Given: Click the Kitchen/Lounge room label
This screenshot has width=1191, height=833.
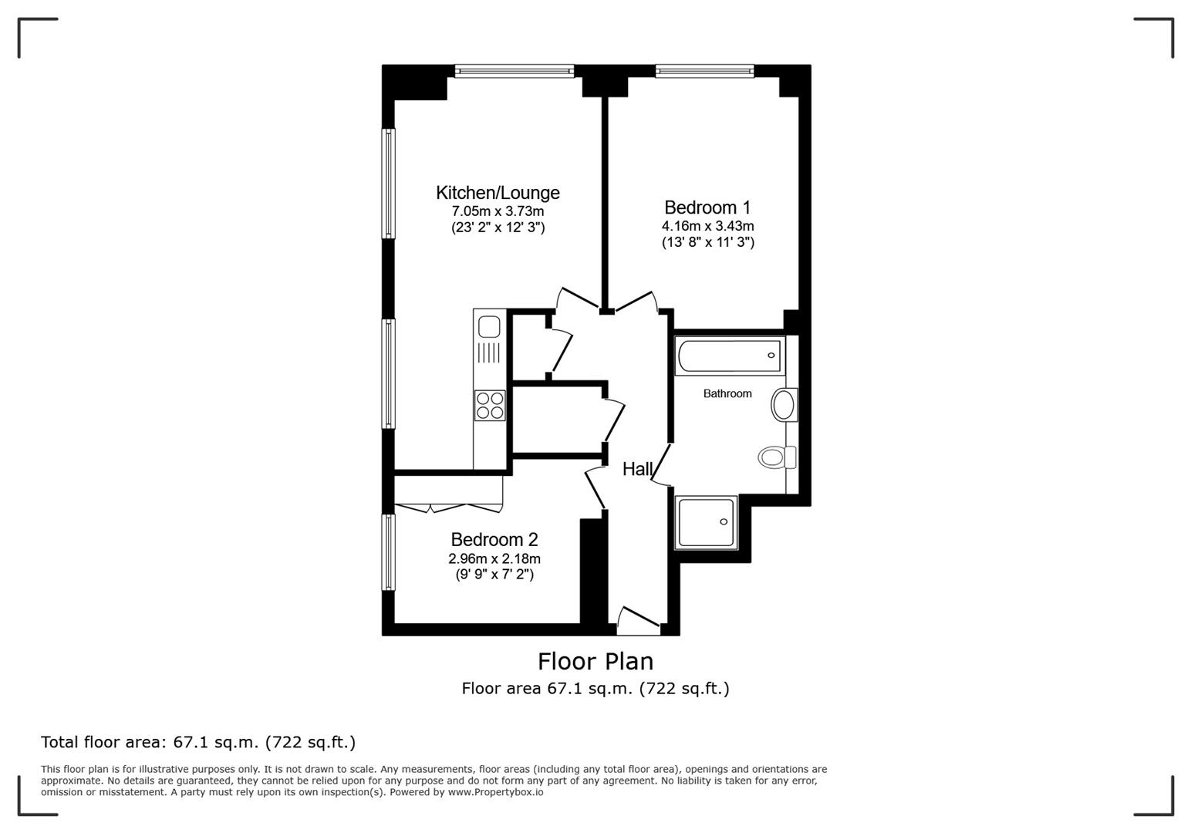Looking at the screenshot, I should (x=498, y=192).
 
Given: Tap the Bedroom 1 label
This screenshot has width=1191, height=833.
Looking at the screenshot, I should (x=707, y=207).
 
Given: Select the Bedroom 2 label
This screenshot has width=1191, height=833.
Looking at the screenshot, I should (x=494, y=540).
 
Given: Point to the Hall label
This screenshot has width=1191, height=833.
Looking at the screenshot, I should (x=638, y=469).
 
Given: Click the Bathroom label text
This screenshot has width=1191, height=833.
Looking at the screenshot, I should (x=727, y=393).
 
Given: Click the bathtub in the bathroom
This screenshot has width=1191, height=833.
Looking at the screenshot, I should (x=729, y=356).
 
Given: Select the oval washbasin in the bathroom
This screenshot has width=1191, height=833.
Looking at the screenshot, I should (x=784, y=405).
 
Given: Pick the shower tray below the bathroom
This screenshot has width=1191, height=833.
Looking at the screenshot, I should (x=706, y=522).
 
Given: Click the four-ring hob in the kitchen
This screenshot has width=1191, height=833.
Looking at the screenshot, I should (x=490, y=405).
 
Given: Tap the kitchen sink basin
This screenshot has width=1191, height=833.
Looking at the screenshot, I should (x=489, y=327).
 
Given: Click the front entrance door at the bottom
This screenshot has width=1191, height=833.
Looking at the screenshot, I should (x=639, y=622).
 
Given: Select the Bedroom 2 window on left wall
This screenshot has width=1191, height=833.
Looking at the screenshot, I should (x=390, y=552).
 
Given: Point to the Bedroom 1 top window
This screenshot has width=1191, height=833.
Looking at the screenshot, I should (x=704, y=72).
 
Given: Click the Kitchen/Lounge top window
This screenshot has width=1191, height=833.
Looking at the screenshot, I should (x=515, y=72).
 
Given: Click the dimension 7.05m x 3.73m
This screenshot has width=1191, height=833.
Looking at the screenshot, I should (x=498, y=211).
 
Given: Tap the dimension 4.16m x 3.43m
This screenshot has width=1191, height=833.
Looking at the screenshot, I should (x=707, y=226).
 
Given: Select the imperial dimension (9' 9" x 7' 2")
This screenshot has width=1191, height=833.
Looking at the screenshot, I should (x=494, y=575).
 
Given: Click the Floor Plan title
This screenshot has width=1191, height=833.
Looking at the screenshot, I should (x=595, y=661).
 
